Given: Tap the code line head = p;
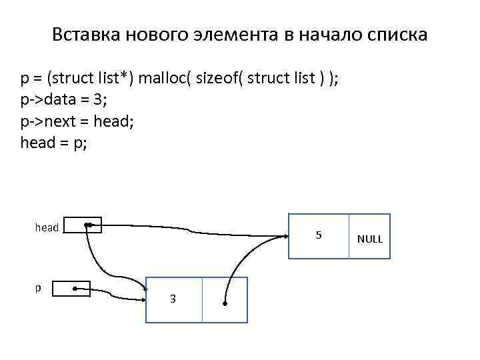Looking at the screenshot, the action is coord(53,143).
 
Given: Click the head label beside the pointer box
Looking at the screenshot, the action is coord(47,227).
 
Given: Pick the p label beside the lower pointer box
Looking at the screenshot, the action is coord(37,288).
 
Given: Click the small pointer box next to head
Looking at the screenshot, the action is coord(84,225).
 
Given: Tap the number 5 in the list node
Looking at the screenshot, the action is coord(319,235).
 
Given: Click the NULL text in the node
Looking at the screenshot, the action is coord(370,239).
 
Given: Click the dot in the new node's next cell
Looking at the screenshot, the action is coord(225,304).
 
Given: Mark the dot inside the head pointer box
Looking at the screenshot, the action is coord(87,226).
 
